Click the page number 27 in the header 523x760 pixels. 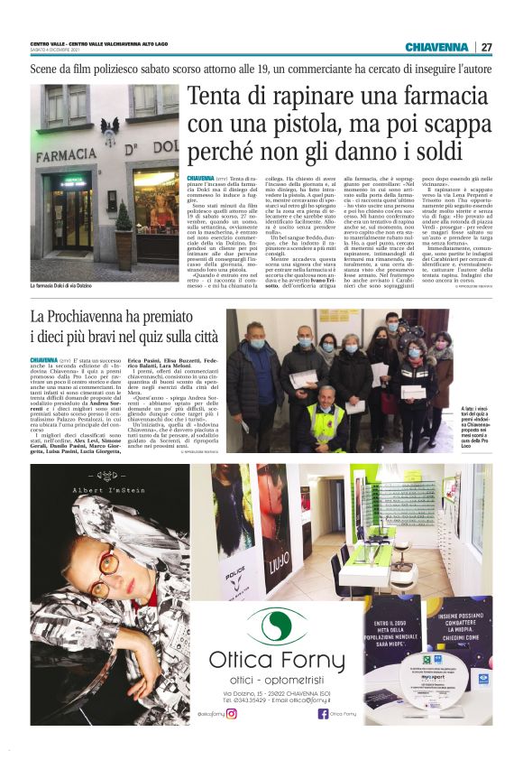pos(487,47)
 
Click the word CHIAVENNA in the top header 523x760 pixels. pos(436,47)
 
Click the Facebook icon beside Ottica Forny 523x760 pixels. pos(323,712)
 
